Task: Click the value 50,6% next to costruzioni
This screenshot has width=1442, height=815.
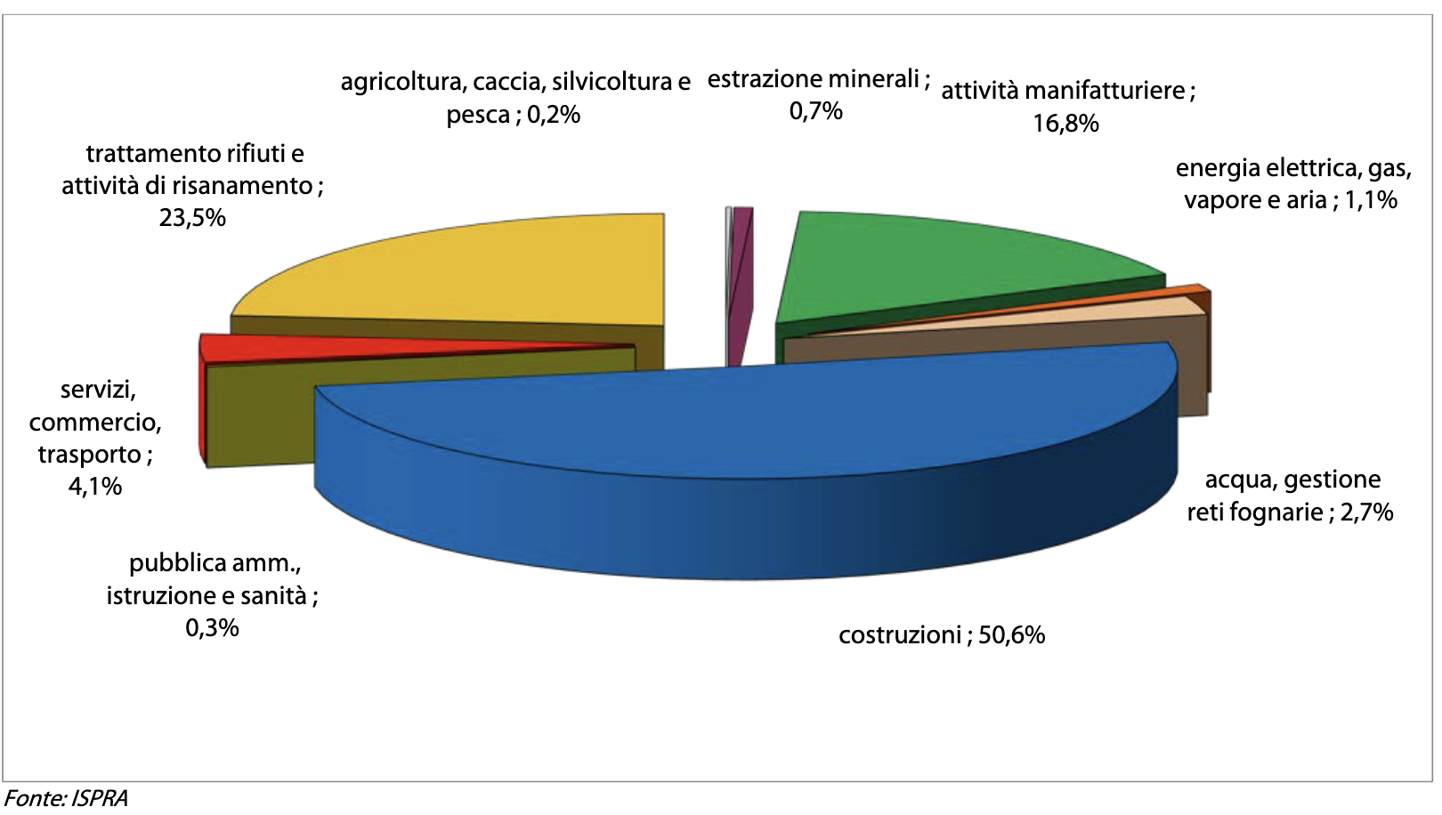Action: pos(1011,635)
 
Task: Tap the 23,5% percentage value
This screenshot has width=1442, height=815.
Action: pos(192,218)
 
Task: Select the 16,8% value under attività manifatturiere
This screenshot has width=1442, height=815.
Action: pos(1065,124)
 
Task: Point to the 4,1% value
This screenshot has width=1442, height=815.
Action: pos(95,487)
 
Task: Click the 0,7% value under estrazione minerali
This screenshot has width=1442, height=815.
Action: pos(815,111)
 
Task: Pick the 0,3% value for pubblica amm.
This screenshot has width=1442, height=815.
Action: pos(212,628)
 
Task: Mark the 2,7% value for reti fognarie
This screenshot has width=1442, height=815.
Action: pos(1366,512)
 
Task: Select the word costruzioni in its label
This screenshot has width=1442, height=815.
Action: pos(900,635)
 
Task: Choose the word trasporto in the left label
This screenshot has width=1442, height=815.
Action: pos(89,455)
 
